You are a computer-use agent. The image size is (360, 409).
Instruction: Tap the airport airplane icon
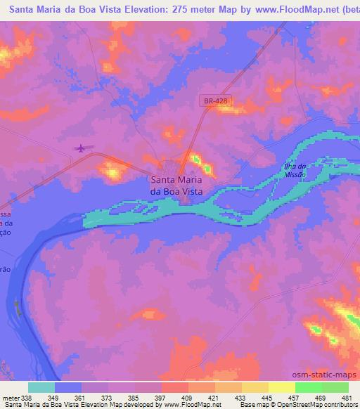(x=82, y=148)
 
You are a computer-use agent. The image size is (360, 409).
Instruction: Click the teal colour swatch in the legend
(x=41, y=388)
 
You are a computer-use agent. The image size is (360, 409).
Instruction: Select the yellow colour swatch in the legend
(x=281, y=388)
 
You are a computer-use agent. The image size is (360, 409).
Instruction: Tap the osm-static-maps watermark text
(x=330, y=375)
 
